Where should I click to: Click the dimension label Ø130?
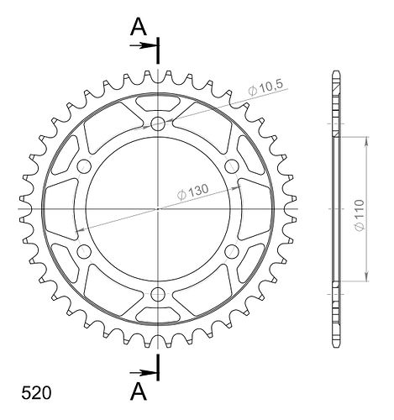193,192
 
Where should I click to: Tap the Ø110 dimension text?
360,215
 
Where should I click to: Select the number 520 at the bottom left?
36,393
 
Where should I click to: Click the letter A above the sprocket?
139,27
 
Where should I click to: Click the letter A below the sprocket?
139,391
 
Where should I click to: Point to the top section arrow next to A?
143,45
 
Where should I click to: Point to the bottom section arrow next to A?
143,373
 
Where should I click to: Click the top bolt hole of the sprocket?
158,123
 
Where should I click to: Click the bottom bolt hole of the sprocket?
158,294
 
